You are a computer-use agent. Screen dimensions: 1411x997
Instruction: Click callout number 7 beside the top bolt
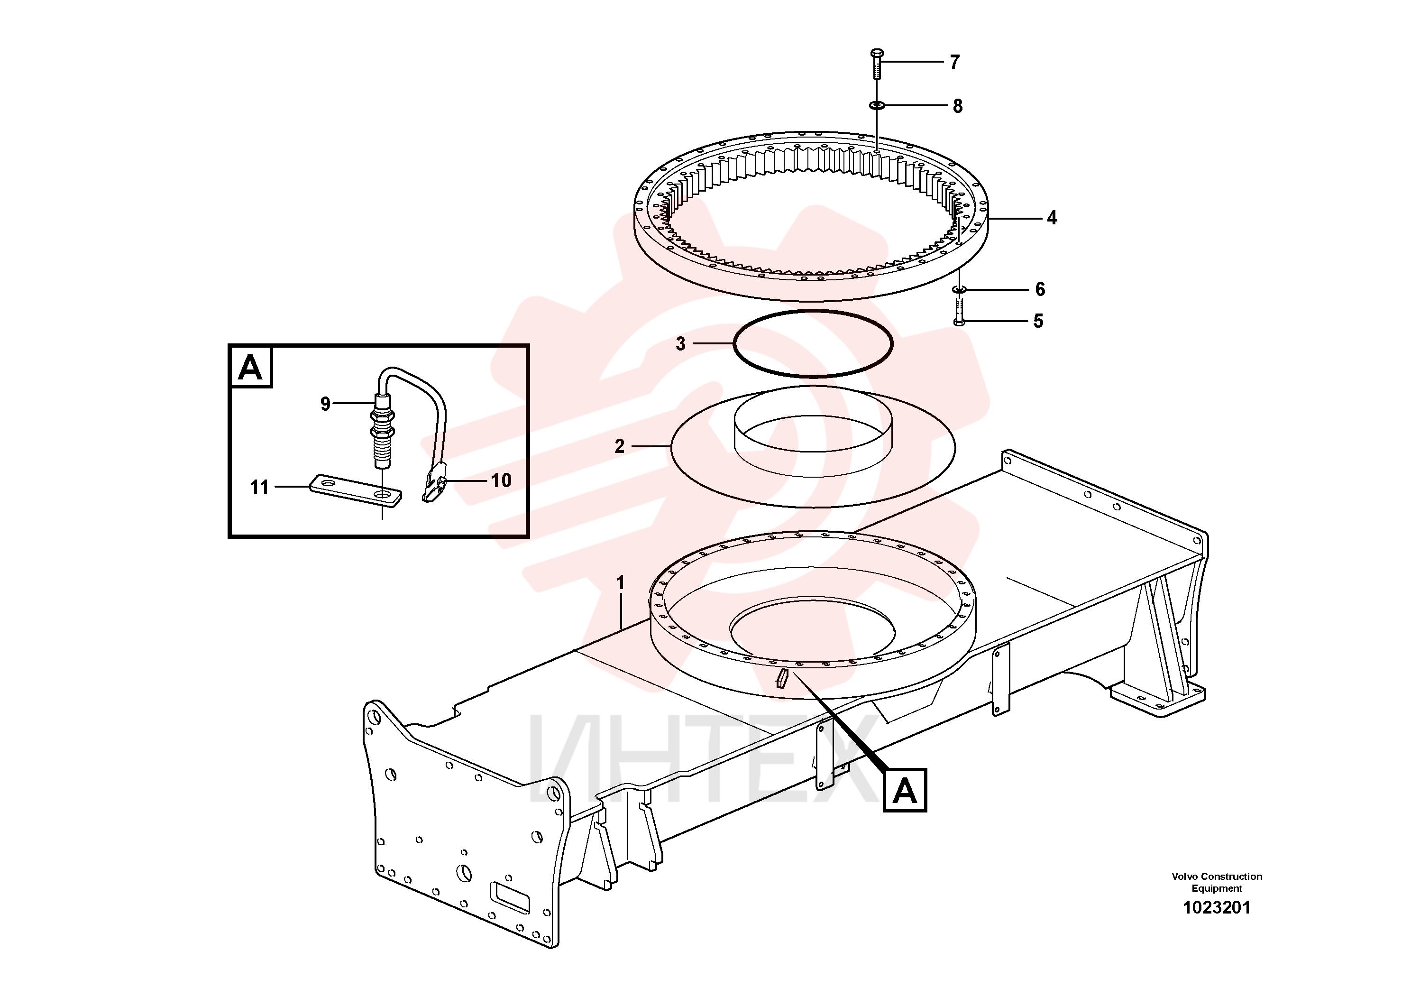(954, 62)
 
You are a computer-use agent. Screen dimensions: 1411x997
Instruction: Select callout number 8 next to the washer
(957, 106)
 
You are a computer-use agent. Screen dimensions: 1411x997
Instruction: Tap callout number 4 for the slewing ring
(1052, 218)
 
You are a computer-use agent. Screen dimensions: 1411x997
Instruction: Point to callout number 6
(1040, 289)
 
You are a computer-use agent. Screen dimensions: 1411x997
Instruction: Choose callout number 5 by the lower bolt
(1038, 321)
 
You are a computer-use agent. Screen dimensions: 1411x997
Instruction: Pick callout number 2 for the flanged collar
(620, 446)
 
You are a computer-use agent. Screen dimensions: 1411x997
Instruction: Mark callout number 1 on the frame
(621, 582)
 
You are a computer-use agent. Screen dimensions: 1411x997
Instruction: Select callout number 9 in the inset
(325, 404)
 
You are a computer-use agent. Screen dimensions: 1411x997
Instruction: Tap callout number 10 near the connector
(501, 480)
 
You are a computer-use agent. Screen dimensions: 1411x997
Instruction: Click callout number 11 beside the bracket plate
(259, 488)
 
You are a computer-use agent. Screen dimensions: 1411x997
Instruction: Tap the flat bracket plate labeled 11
(356, 490)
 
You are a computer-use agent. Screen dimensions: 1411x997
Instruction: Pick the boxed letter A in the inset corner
(250, 368)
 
